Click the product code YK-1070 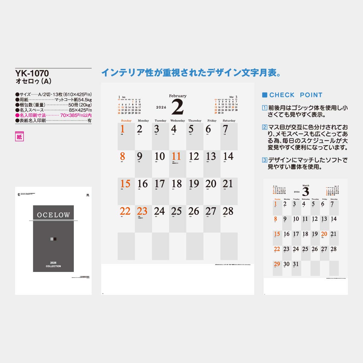tap(32, 74)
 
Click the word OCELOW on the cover tap(53, 215)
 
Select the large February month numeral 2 tap(178, 107)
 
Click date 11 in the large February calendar tap(176, 156)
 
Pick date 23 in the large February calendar tap(142, 211)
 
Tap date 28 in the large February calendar tap(228, 211)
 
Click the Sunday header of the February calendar tap(126, 121)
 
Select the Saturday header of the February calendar tap(229, 121)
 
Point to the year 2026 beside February tap(161, 107)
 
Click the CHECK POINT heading tap(296, 95)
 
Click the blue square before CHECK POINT tap(265, 95)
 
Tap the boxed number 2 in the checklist tap(265, 127)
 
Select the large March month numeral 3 tap(306, 192)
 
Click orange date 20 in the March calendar tap(324, 234)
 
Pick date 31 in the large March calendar tap(296, 264)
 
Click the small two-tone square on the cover tap(53, 239)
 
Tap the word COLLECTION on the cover tap(53, 266)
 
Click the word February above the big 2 tap(178, 96)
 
